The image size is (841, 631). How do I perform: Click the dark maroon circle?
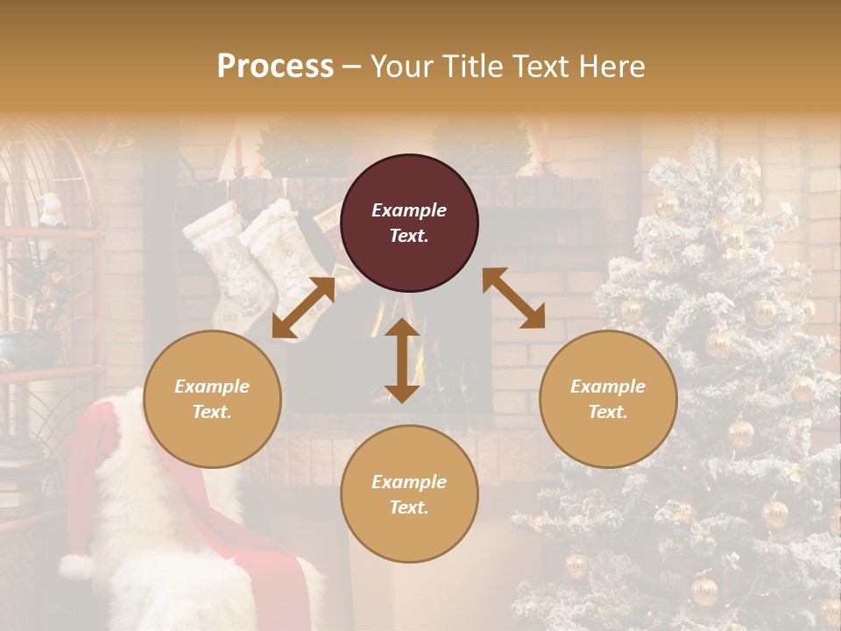pyautogui.click(x=409, y=223)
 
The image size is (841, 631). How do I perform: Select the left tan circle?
pyautogui.click(x=212, y=399)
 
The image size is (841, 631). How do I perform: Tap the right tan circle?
pyautogui.click(x=608, y=399)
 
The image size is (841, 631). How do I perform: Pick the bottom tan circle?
pyautogui.click(x=409, y=494)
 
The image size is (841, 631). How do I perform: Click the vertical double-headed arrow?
pyautogui.click(x=402, y=360)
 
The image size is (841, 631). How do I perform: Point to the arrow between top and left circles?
pyautogui.click(x=304, y=308)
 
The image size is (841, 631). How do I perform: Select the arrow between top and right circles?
pyautogui.click(x=513, y=298)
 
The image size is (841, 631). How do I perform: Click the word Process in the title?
pyautogui.click(x=275, y=66)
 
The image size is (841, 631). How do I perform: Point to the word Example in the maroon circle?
pyautogui.click(x=409, y=210)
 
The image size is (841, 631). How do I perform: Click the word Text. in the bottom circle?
pyautogui.click(x=409, y=507)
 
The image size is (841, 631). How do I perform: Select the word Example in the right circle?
pyautogui.click(x=608, y=386)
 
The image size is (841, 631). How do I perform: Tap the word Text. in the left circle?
pyautogui.click(x=212, y=412)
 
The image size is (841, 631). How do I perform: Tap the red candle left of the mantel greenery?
pyautogui.click(x=238, y=152)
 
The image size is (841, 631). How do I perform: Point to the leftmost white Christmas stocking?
pyautogui.click(x=219, y=254)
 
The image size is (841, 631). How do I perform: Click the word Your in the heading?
pyautogui.click(x=399, y=66)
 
